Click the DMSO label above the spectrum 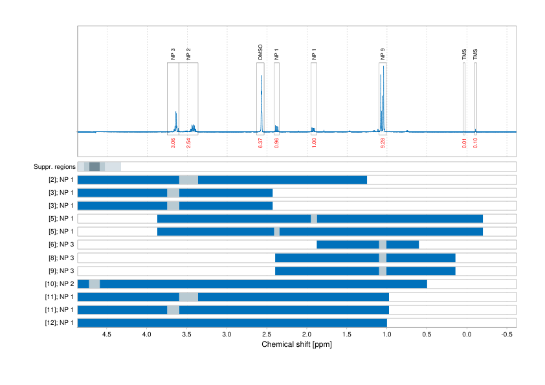pos(261,52)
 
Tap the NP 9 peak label pos(383,54)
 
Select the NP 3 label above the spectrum pos(173,54)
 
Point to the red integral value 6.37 pos(261,143)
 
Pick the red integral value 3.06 pos(173,143)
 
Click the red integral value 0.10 pos(476,143)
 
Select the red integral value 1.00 pos(314,143)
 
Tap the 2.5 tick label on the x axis pos(267,335)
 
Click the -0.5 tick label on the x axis pos(507,335)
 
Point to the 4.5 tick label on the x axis pos(107,335)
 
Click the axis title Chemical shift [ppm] pos(296,344)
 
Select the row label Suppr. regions pos(54,167)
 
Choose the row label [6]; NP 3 pos(59,245)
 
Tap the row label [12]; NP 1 pos(58,322)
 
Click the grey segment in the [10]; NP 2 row pos(95,283)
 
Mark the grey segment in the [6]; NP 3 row pos(383,245)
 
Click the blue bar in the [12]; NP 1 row pos(232,322)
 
